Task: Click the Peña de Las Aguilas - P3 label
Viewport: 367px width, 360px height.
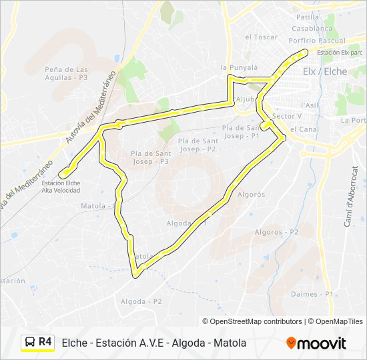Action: coord(66,73)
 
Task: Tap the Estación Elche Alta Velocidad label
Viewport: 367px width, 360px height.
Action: coord(61,187)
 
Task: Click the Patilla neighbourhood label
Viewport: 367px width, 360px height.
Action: coord(308,17)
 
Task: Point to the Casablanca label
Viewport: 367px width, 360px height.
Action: coord(312,29)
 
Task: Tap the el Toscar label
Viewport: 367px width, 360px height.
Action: coord(261,37)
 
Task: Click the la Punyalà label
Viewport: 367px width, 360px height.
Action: coord(239,67)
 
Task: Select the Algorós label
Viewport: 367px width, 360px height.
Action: coord(251,195)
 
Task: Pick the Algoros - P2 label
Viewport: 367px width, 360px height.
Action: coord(276,232)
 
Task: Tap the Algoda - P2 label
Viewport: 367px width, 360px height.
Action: coord(141,301)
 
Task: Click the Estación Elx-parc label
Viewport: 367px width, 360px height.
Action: coord(340,53)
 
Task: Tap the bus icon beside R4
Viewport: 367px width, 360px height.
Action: coord(30,343)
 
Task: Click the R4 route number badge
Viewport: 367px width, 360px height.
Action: coord(45,342)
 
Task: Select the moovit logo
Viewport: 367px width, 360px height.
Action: coord(316,343)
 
